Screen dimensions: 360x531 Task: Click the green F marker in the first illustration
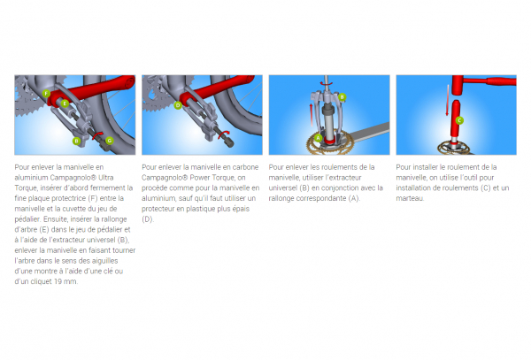45,92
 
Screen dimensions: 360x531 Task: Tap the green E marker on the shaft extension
65,103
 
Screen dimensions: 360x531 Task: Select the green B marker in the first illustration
77,141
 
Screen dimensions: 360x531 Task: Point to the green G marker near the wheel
109,139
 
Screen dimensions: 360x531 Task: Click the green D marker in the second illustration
178,105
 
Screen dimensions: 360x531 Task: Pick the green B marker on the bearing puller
342,96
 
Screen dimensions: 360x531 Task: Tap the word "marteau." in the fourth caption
411,198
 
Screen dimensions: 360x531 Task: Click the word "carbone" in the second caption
243,166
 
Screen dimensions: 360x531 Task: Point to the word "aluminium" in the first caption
34,178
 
